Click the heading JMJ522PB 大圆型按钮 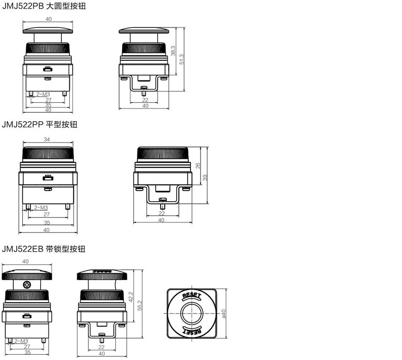click(x=44, y=6)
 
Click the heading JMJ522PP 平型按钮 click(x=40, y=124)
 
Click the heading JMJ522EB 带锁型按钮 click(x=43, y=249)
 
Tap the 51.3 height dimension click(x=182, y=59)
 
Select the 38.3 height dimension click(x=173, y=51)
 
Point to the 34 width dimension click(x=47, y=139)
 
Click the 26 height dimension click(x=198, y=166)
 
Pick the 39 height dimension click(x=205, y=177)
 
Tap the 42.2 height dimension click(x=131, y=297)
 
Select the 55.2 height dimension click(x=140, y=305)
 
